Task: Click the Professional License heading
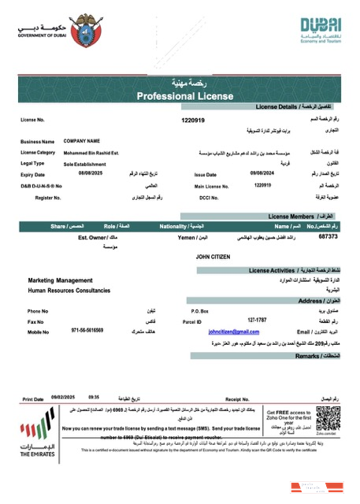coord(181,96)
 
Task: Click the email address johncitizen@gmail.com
coord(233,332)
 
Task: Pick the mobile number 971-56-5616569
coord(87,332)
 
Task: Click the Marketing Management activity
coord(61,280)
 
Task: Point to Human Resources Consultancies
coord(70,291)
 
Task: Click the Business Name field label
coord(37,141)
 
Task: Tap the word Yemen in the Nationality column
coord(186,236)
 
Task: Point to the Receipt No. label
coord(237,398)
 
